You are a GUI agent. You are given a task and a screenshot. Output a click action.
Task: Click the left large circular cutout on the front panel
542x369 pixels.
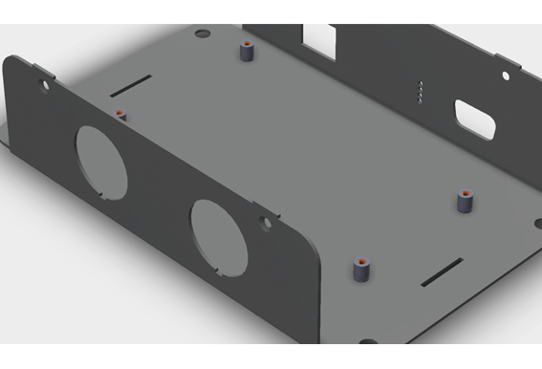coord(101,162)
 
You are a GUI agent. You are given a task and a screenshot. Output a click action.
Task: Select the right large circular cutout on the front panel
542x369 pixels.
coord(220,235)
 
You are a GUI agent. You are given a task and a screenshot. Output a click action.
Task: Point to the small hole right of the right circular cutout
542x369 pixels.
coord(264,223)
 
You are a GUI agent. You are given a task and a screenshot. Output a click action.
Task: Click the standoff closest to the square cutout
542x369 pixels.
coord(248,54)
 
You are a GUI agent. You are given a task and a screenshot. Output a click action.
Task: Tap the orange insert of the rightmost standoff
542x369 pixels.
coord(466,193)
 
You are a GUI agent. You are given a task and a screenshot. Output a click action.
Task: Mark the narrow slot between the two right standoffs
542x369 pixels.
coord(445,272)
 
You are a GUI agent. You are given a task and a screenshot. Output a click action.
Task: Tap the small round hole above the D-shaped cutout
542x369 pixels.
coord(506,75)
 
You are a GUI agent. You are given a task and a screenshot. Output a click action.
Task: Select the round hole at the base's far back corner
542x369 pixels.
coord(200,33)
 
